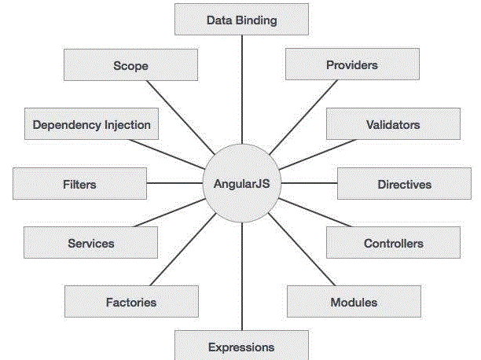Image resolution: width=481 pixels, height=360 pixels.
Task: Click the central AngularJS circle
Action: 241,184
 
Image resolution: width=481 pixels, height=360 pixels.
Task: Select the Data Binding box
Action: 241,20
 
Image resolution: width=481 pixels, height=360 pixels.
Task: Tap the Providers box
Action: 351,64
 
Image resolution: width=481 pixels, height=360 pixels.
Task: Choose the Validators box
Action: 393,124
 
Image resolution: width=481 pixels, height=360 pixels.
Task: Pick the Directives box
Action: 404,184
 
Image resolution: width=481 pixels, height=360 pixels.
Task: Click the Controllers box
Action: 393,243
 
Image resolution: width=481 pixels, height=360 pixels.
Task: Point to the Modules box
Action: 353,302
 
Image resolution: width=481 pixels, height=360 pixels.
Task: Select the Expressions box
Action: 241,346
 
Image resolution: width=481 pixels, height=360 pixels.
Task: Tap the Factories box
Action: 131,302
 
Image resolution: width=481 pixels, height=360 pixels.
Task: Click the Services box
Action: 90,243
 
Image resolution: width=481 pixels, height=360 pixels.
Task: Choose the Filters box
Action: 79,184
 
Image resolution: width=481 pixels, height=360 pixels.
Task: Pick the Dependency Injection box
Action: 91,124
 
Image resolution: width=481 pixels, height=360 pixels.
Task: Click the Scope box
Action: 130,65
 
